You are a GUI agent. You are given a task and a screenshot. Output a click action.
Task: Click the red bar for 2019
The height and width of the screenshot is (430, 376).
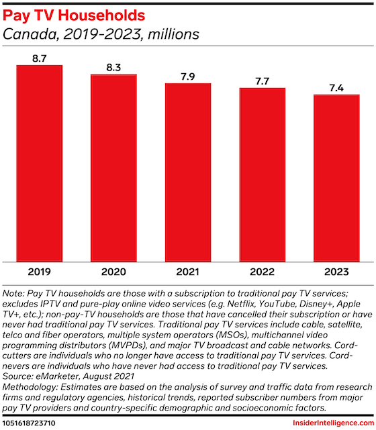(40, 164)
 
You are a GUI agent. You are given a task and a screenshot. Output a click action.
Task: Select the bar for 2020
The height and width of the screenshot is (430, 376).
(113, 168)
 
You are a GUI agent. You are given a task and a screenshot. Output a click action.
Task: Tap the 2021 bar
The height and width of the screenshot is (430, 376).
(188, 172)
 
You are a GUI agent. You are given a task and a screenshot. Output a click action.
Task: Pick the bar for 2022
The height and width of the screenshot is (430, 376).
(263, 174)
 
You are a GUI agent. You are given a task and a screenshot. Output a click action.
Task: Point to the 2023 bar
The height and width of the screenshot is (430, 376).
(336, 178)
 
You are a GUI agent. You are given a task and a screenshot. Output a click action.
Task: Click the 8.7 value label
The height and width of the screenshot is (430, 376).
(40, 58)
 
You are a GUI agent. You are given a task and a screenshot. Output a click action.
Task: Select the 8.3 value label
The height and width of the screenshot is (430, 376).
(113, 68)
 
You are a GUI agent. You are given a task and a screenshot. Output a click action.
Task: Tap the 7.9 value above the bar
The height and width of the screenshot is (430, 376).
(188, 76)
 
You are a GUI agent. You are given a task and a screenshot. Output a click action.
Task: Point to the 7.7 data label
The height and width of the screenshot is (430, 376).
(263, 81)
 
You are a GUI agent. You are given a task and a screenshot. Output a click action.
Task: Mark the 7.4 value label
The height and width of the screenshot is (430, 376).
(336, 88)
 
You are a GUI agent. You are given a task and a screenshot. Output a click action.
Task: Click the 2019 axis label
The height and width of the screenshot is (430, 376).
(40, 272)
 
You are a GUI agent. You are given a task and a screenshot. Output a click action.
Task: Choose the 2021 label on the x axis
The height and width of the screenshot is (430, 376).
(188, 272)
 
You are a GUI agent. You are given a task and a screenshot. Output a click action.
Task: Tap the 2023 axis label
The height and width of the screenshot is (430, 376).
(336, 272)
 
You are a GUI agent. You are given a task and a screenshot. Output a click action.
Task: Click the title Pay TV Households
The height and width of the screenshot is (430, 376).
(74, 15)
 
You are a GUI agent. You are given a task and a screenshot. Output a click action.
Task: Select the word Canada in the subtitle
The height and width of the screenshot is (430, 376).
(31, 35)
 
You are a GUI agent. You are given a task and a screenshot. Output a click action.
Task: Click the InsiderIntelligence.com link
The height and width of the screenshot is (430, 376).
(333, 423)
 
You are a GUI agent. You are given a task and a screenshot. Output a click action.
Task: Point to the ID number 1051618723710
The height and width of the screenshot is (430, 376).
(29, 423)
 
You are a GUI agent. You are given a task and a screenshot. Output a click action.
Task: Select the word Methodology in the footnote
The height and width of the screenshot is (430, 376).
(30, 387)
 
